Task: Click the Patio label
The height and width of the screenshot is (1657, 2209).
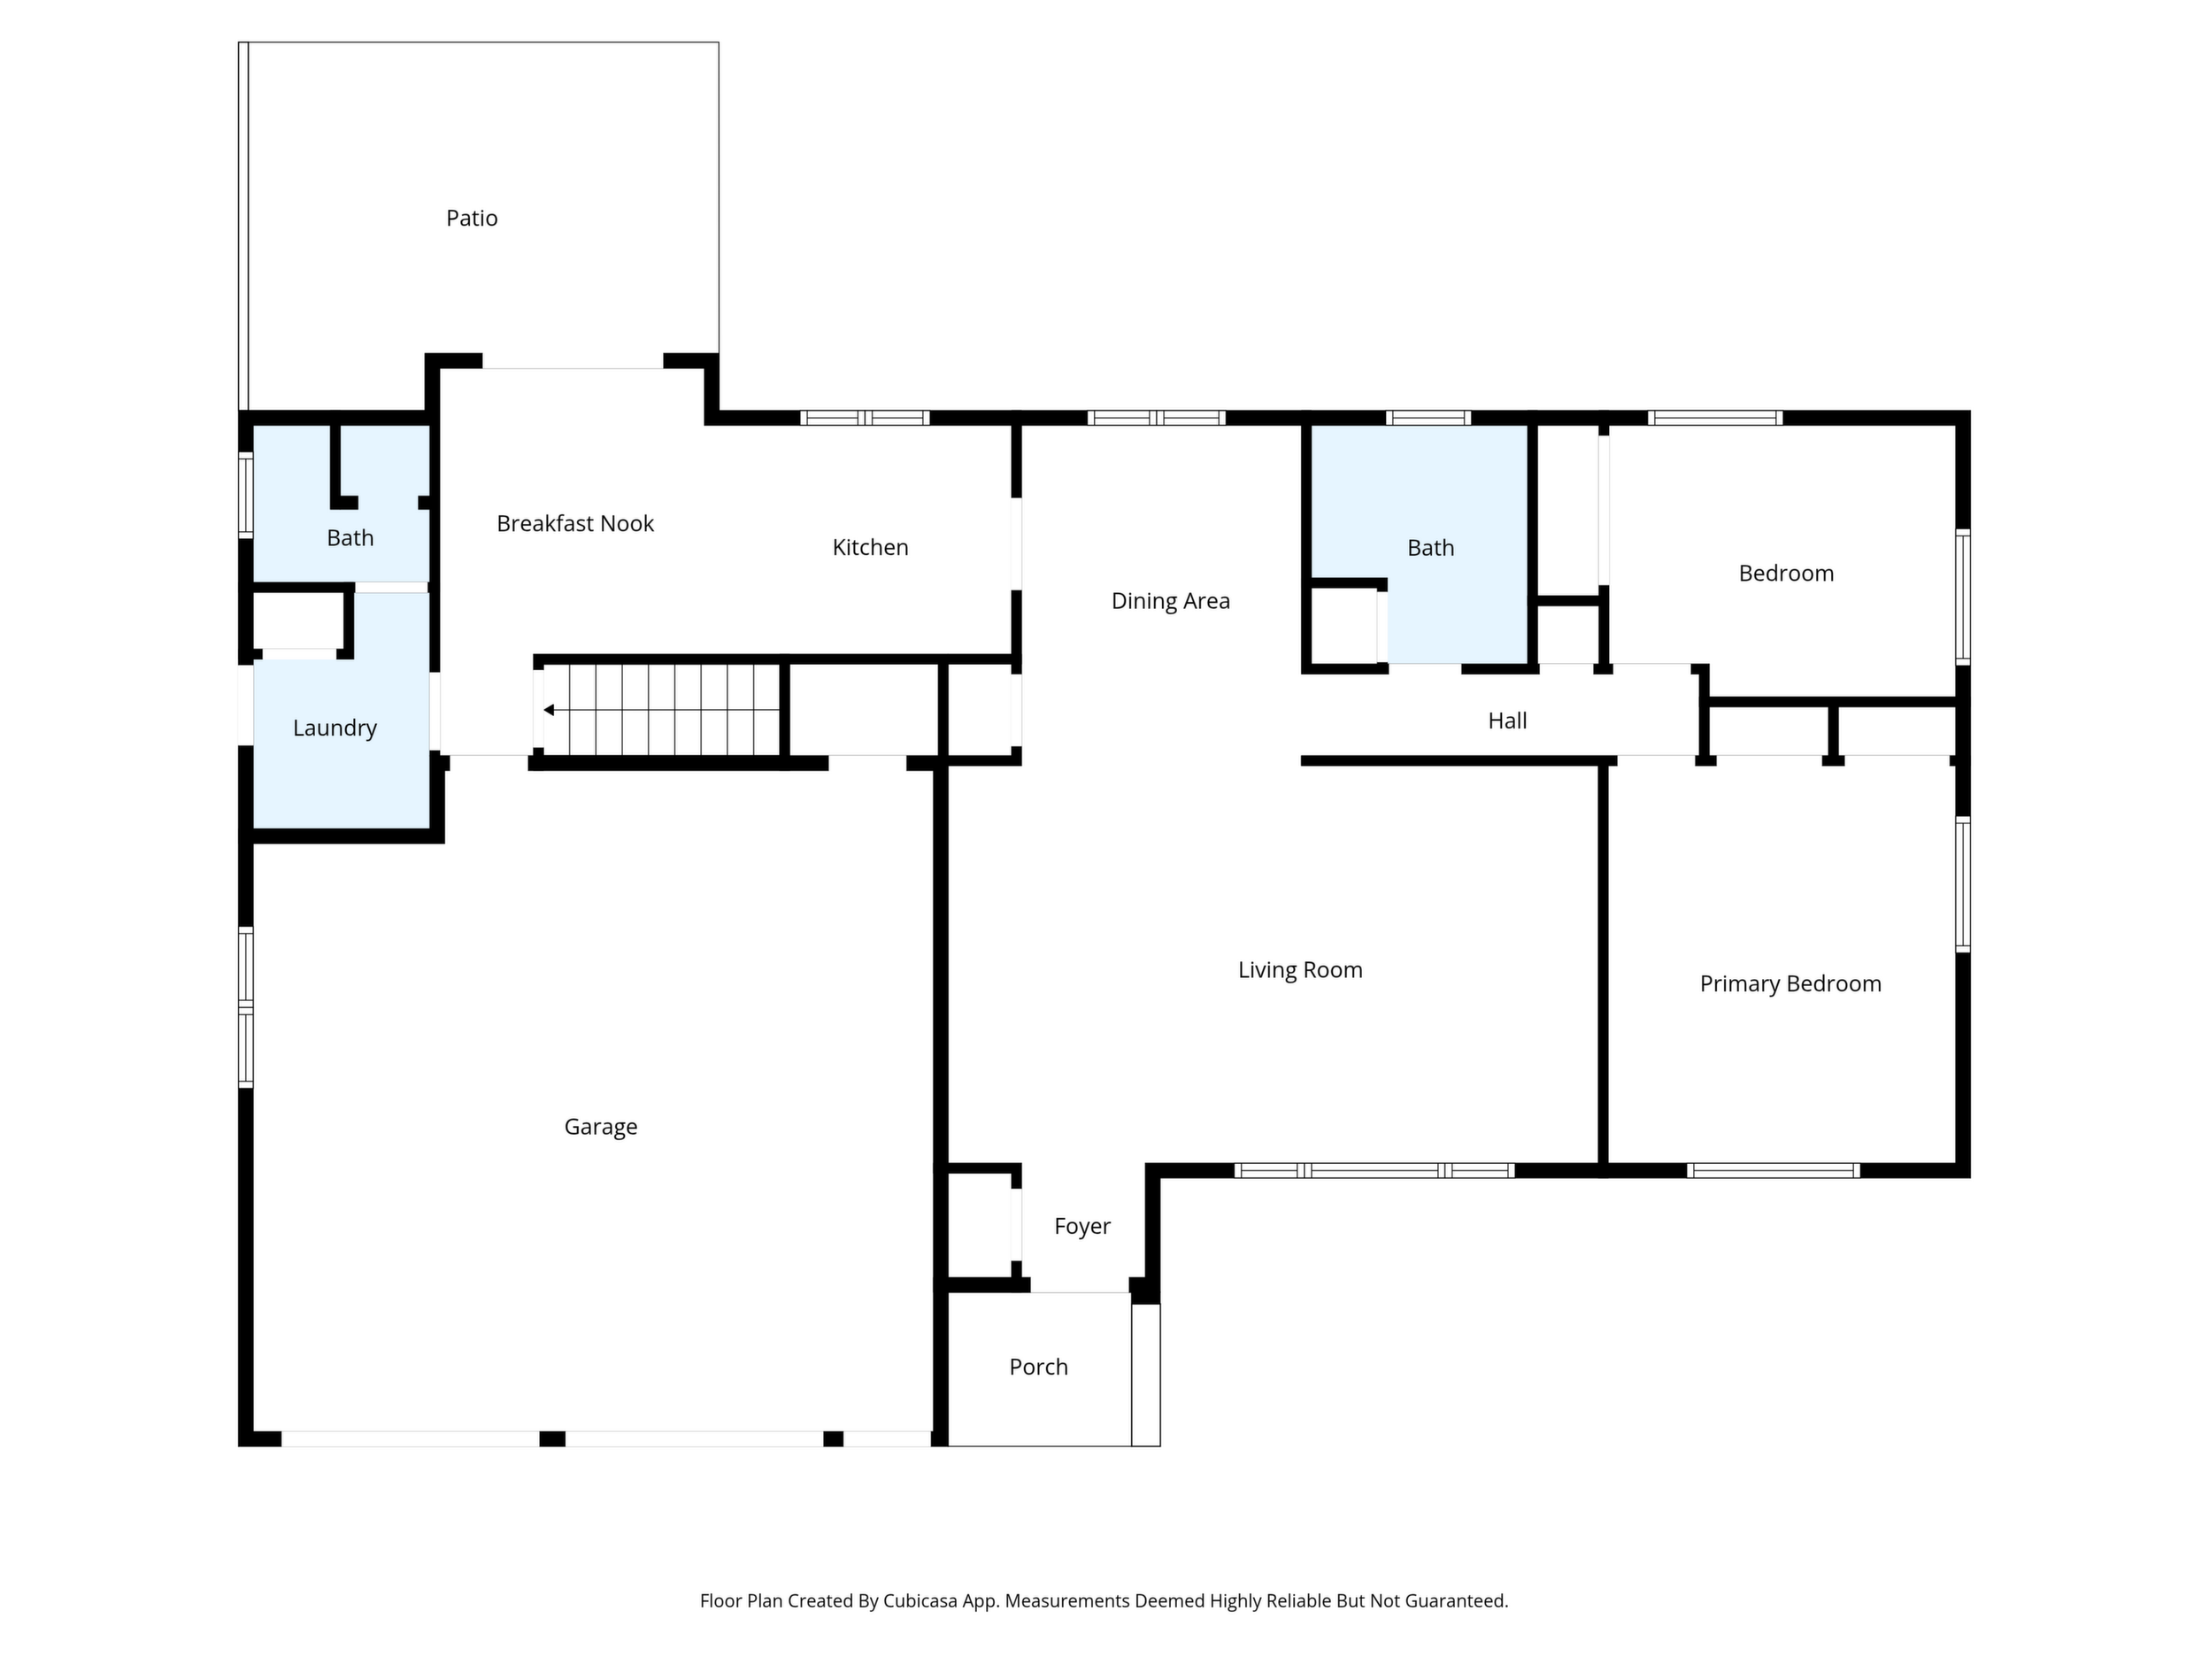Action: (472, 218)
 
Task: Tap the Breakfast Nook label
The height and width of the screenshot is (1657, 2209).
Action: (575, 523)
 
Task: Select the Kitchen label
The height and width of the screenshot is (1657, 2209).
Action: (870, 547)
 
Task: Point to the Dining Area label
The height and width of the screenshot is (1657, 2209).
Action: (1170, 601)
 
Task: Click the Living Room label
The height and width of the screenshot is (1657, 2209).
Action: (1300, 970)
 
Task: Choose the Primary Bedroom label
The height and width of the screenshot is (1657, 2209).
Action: (1790, 983)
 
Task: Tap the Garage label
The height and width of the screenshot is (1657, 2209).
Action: (600, 1127)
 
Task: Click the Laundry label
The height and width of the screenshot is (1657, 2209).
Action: (335, 728)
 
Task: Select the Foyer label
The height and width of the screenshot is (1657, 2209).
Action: (1081, 1227)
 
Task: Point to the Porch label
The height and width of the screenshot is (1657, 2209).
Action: (1039, 1368)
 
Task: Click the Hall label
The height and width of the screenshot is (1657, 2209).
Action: (1507, 721)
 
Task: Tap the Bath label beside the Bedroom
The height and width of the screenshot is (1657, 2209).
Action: (1430, 548)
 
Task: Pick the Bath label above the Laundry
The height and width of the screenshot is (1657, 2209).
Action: (350, 538)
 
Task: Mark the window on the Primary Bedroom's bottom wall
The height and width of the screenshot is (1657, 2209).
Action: (1774, 1170)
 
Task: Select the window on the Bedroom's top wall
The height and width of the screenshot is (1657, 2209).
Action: (1714, 418)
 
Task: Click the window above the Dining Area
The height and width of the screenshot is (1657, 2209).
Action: (1157, 418)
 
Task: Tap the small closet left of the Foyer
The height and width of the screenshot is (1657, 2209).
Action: (979, 1226)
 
